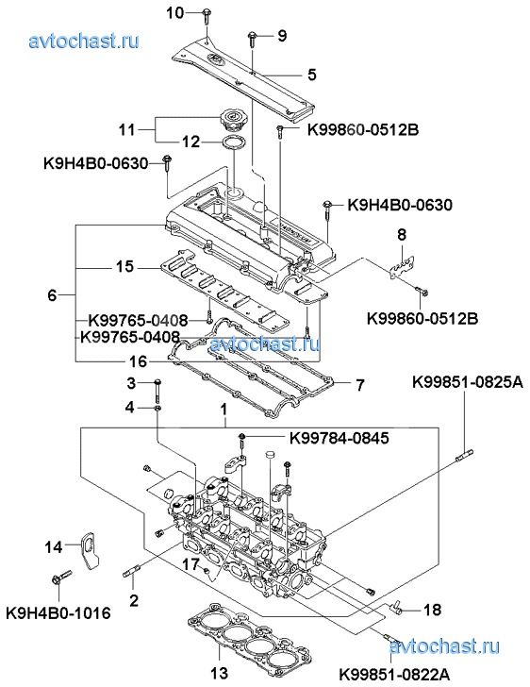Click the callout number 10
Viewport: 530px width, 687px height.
[x=175, y=13]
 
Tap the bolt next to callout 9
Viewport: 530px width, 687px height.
[x=253, y=39]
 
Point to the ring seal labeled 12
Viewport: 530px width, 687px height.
[x=235, y=142]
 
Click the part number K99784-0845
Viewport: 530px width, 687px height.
[x=339, y=438]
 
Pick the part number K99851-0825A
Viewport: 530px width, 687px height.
[x=468, y=382]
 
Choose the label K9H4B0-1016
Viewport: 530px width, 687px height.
[x=58, y=613]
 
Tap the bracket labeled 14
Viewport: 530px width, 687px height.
[x=91, y=550]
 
